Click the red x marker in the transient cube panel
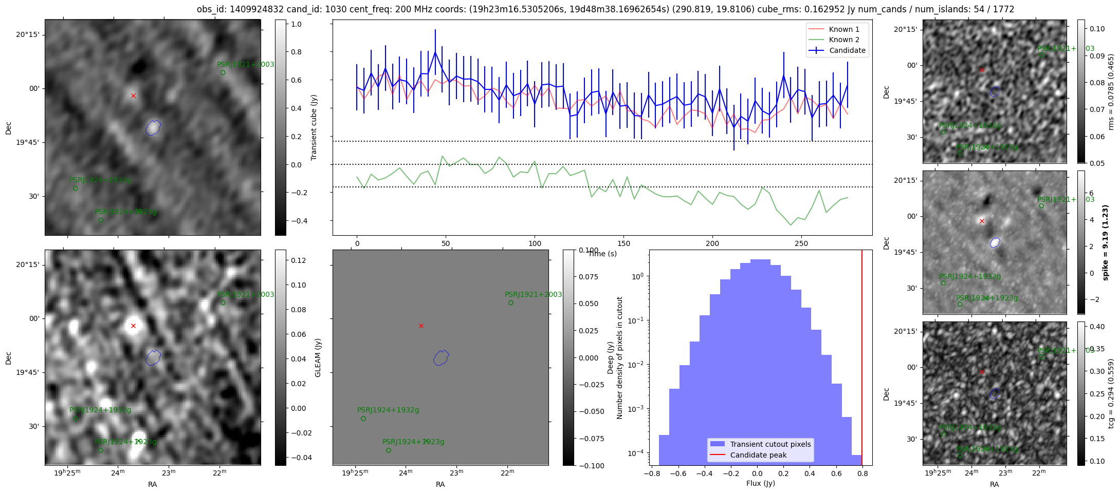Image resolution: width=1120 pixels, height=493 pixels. [133, 96]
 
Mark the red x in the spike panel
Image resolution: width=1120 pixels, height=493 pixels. [982, 221]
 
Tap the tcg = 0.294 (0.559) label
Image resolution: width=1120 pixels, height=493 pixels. [1111, 393]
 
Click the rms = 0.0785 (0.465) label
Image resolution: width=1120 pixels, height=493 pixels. [1111, 91]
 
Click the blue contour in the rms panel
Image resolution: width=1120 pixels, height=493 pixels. [995, 91]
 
